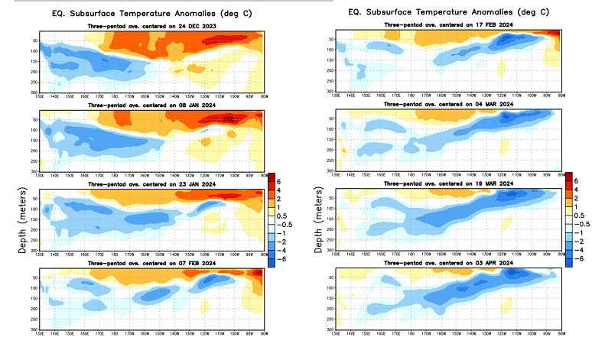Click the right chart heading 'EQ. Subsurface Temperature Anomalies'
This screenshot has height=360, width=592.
pos(447,12)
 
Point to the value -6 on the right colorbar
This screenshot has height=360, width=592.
pos(584,259)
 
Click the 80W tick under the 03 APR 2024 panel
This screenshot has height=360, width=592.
pos(561,332)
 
